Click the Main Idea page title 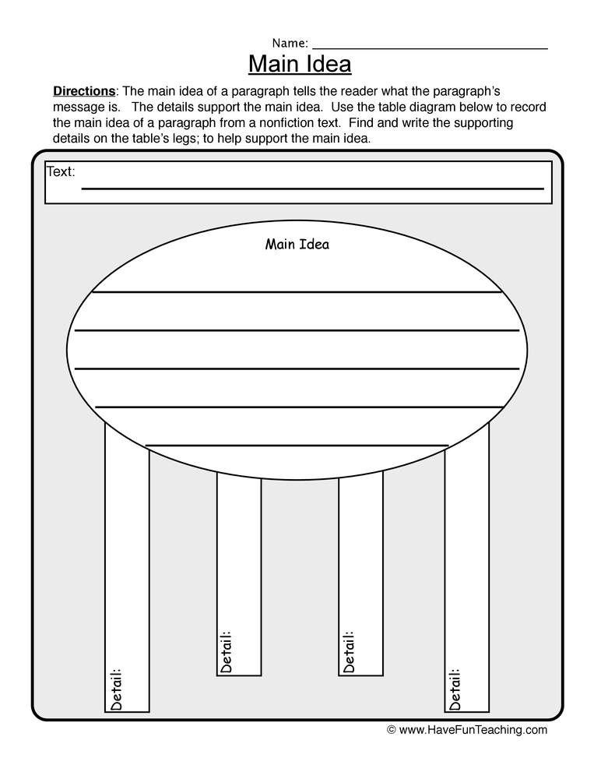(x=300, y=63)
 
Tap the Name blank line (x=430, y=48)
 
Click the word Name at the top (x=289, y=43)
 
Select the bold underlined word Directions (x=83, y=91)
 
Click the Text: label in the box (x=62, y=171)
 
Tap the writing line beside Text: (x=312, y=189)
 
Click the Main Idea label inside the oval (x=297, y=245)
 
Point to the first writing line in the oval (x=297, y=292)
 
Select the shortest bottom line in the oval (x=297, y=446)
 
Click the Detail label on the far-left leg (x=117, y=688)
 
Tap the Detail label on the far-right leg (x=455, y=688)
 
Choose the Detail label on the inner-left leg (x=227, y=651)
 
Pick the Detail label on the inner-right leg (x=349, y=651)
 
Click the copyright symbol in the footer (x=392, y=731)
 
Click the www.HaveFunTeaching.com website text (x=473, y=731)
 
